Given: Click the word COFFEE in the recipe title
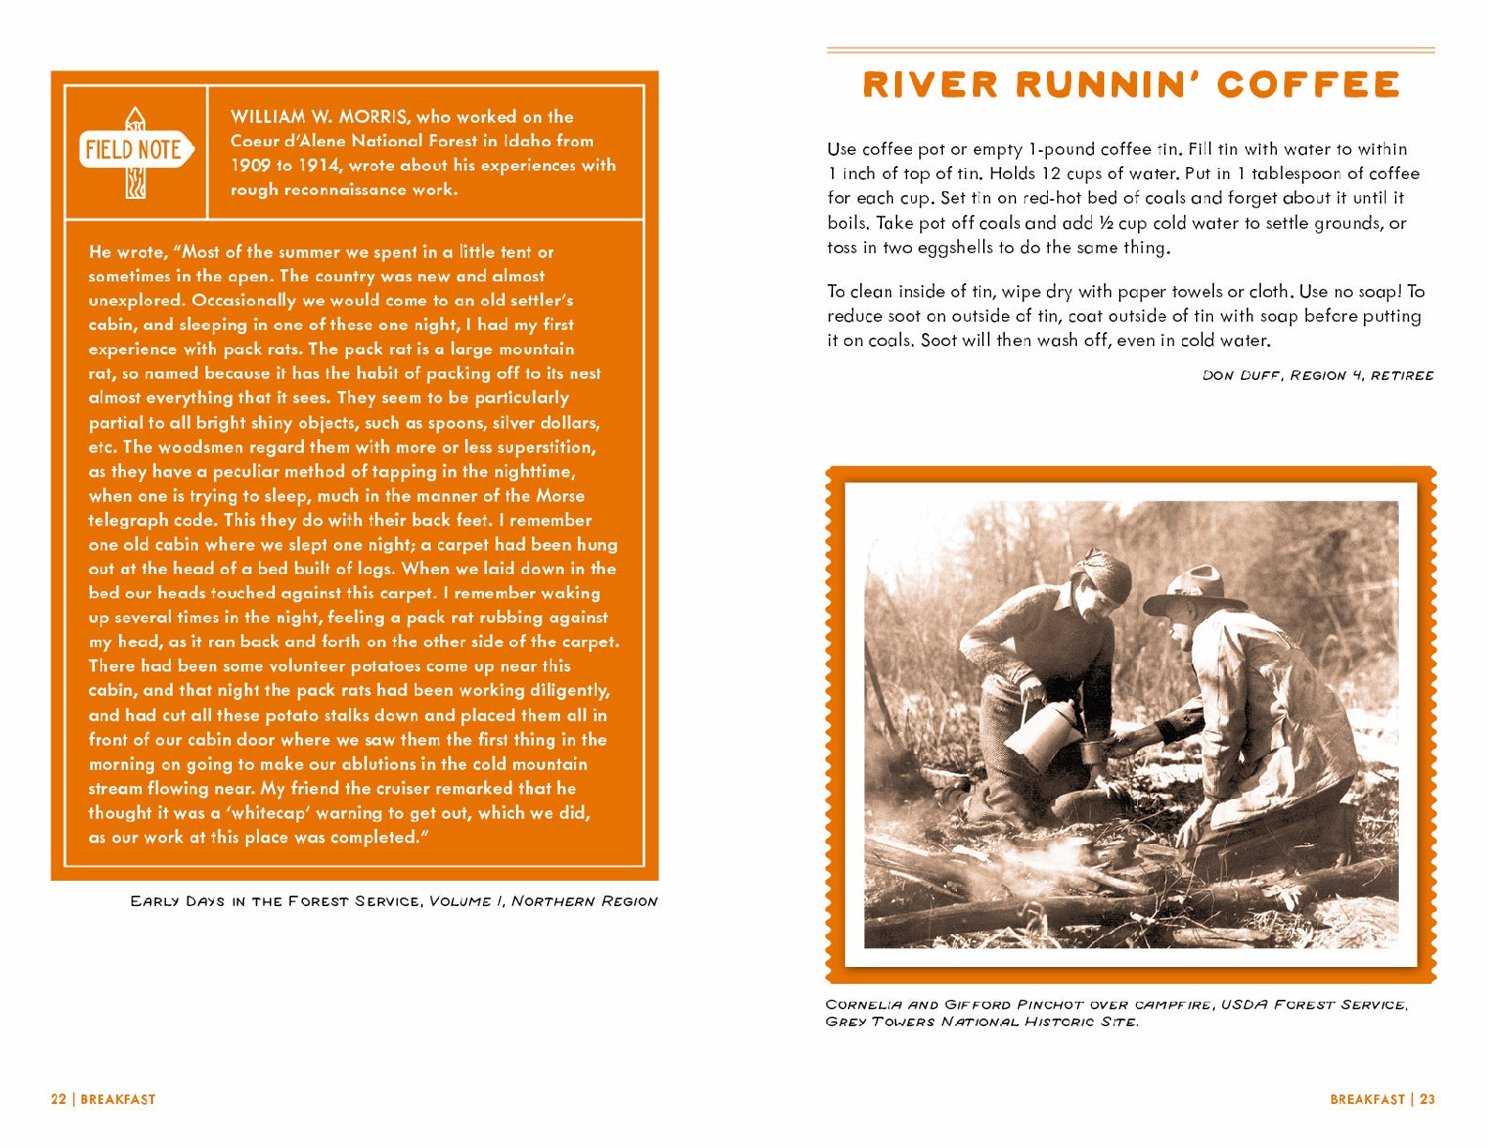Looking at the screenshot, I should pos(1308,85).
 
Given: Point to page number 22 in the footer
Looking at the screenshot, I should pos(58,1099).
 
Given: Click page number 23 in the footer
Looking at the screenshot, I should pos(1427,1099).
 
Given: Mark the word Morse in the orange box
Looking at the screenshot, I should pos(560,496).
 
